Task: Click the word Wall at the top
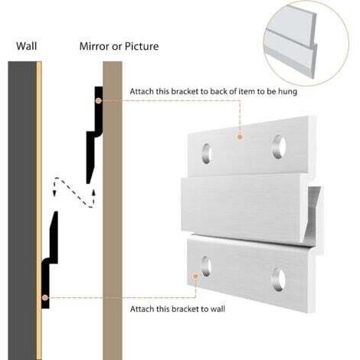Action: coord(27,46)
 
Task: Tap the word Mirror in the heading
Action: coord(94,46)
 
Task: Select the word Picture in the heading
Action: coord(142,46)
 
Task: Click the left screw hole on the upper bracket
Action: coord(207,153)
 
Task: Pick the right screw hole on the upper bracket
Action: coord(279,147)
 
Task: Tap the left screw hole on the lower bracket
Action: coord(206,267)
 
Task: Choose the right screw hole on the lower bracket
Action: coord(279,280)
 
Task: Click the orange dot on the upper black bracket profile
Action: coord(99,100)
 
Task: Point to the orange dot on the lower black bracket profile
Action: coord(45,297)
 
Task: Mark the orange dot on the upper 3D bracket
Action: coord(240,137)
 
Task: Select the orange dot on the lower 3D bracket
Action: coord(195,277)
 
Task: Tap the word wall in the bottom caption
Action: coord(218,309)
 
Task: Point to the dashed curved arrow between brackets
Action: coord(74,191)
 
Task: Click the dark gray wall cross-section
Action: coord(22,211)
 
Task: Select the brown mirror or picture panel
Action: coord(113,211)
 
